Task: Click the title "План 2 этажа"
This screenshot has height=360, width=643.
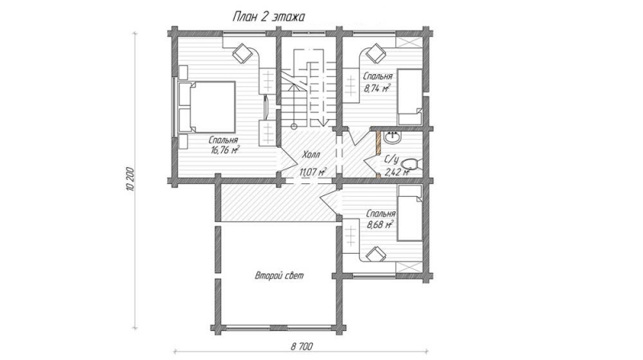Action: pyautogui.click(x=268, y=17)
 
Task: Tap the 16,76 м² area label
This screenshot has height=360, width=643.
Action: pyautogui.click(x=225, y=150)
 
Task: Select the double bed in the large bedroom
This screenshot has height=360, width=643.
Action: pyautogui.click(x=207, y=108)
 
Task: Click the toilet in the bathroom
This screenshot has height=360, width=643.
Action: pyautogui.click(x=410, y=165)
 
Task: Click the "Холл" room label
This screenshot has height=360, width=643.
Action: pyautogui.click(x=311, y=155)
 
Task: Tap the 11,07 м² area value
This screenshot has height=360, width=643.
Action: pyautogui.click(x=313, y=171)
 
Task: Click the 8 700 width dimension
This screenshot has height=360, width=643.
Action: pyautogui.click(x=302, y=346)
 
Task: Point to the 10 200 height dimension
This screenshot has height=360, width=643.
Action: pyautogui.click(x=130, y=179)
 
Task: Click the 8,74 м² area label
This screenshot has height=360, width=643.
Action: pyautogui.click(x=377, y=88)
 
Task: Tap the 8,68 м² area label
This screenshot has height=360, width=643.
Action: pyautogui.click(x=380, y=225)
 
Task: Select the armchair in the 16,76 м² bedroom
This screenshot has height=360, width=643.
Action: pyautogui.click(x=243, y=53)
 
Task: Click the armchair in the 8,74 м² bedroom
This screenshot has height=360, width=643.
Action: pyautogui.click(x=375, y=53)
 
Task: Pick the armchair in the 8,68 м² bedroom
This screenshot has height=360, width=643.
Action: pyautogui.click(x=376, y=255)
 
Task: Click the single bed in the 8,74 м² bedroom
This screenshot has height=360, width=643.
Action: pyautogui.click(x=410, y=96)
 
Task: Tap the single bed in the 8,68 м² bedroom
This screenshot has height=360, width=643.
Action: pyautogui.click(x=410, y=213)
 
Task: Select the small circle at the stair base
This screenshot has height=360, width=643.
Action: pyautogui.click(x=293, y=126)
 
